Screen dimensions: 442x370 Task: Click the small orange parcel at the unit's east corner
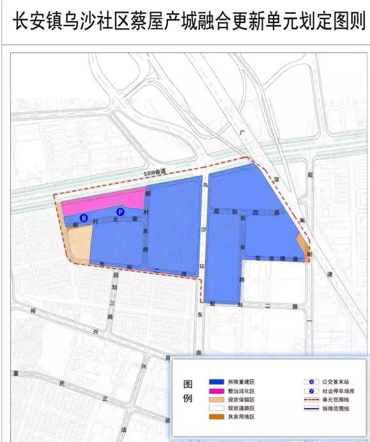pos(303,244)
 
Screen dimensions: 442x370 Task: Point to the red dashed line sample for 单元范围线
pos(311,399)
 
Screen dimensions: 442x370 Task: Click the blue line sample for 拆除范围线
pos(311,408)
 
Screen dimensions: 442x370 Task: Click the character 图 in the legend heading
pos(188,384)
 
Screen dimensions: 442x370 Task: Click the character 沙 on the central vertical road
pos(203,228)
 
